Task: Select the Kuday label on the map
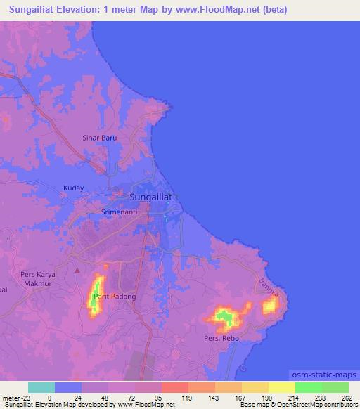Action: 74,188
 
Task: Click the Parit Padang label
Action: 115,297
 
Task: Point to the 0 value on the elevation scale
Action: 40,397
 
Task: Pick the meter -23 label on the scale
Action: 14,397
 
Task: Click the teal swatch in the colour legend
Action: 41,387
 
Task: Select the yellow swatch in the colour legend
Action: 282,387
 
